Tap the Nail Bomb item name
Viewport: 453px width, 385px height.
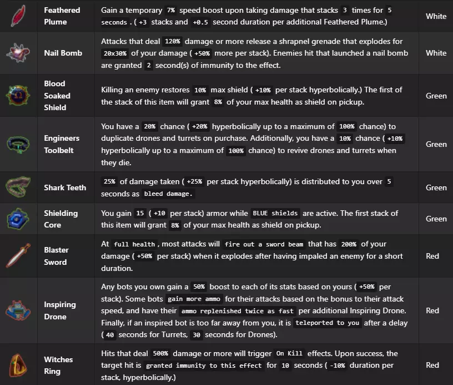pyautogui.click(x=63, y=53)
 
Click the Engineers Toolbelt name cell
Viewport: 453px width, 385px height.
pyautogui.click(x=62, y=144)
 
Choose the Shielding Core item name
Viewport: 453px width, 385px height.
pyautogui.click(x=61, y=219)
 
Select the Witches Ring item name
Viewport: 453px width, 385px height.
pyautogui.click(x=59, y=365)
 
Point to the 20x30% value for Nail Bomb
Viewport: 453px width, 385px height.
pyautogui.click(x=118, y=53)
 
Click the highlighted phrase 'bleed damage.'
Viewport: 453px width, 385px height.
pyautogui.click(x=168, y=194)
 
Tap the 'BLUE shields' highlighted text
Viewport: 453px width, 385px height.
pyautogui.click(x=275, y=213)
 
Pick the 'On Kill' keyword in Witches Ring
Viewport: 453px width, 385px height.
pyautogui.click(x=288, y=354)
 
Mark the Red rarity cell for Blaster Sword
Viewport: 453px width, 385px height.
pyautogui.click(x=432, y=256)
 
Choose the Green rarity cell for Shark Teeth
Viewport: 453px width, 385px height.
pyautogui.click(x=436, y=187)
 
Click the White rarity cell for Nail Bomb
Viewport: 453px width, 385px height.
pyautogui.click(x=436, y=53)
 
